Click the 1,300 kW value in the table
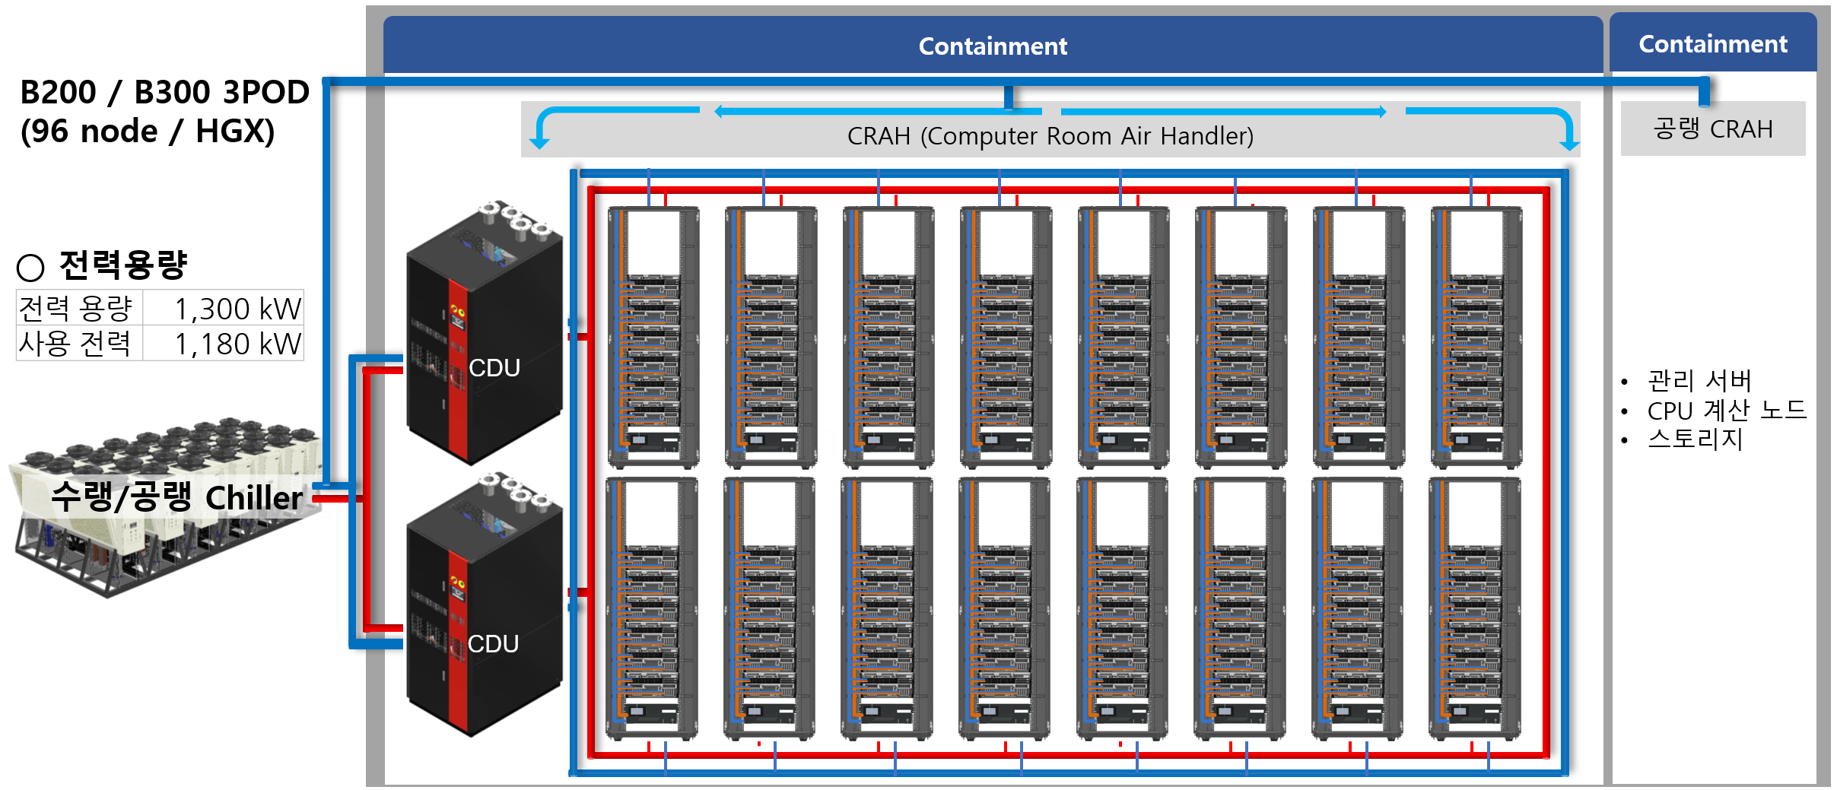238,309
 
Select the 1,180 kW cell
238,344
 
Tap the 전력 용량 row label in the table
75,309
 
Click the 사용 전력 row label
75,344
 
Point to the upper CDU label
494,368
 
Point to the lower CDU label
493,644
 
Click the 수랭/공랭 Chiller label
176,498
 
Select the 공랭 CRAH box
1712,128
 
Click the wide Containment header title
993,46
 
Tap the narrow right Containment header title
1713,44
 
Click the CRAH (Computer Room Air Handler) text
1050,136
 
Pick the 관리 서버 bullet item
1699,380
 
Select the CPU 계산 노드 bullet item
1726,411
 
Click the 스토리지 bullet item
1695,439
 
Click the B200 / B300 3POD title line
164,92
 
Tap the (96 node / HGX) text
148,131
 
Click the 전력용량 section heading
122,265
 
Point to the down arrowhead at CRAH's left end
539,142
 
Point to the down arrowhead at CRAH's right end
1568,144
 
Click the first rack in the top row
653,337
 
